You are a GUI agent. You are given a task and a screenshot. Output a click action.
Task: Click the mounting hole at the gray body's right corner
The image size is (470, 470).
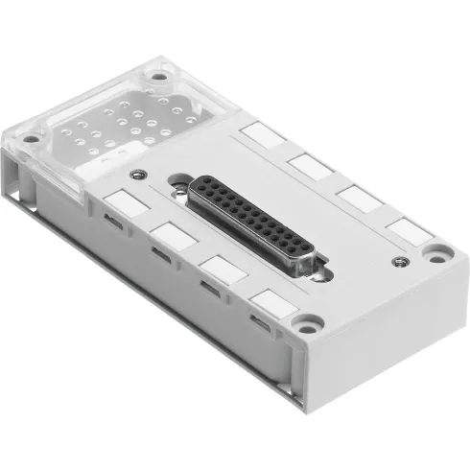[439, 253]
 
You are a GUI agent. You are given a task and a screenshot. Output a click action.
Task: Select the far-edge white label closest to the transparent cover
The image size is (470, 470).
[259, 133]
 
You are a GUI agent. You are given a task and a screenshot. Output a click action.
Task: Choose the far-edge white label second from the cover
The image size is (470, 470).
[312, 164]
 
